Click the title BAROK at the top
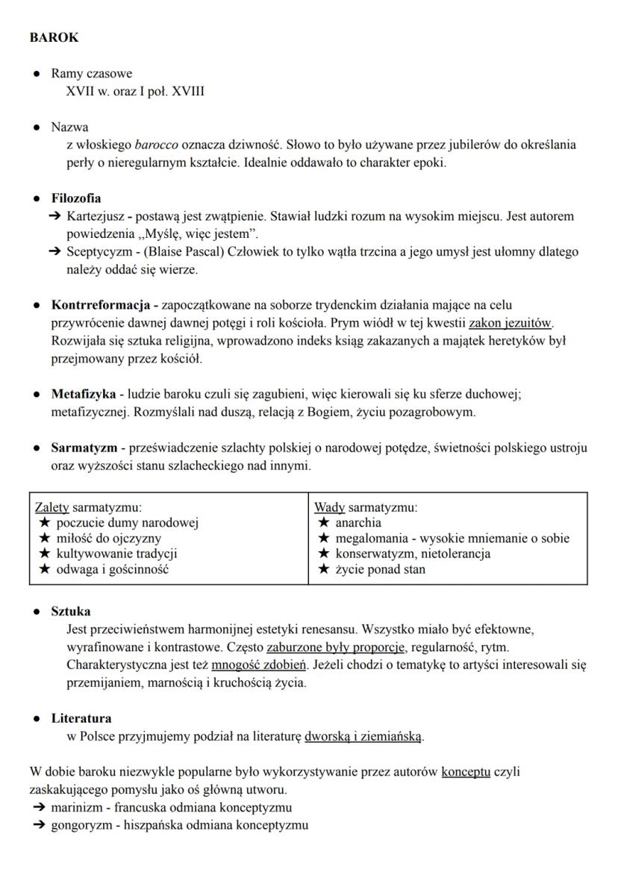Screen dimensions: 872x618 click(54, 37)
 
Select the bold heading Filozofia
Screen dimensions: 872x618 click(76, 198)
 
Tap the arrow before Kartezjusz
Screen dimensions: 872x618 click(55, 216)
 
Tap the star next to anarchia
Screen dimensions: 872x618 click(323, 523)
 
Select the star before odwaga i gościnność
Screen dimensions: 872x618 click(45, 569)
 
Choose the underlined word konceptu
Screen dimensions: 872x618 click(466, 772)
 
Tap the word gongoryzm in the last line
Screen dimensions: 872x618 click(79, 826)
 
